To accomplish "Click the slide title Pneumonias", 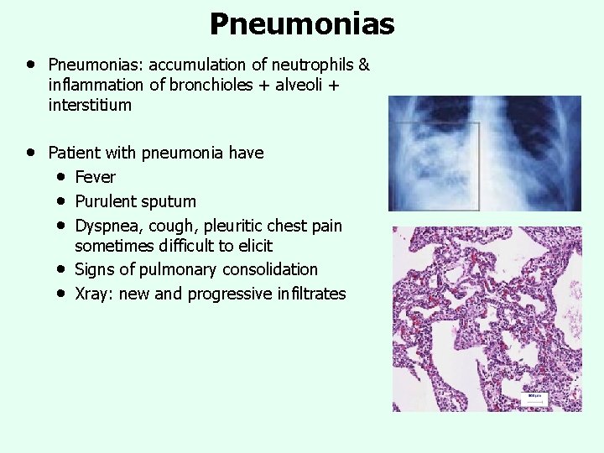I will click(301, 23).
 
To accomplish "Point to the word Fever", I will click(95, 177).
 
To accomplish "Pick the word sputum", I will click(169, 201).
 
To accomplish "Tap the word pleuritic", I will click(242, 226).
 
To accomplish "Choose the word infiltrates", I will click(304, 294).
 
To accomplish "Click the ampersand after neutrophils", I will click(363, 65).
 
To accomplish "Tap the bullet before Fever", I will click(63, 177).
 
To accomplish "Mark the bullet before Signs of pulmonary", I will click(63, 269).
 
